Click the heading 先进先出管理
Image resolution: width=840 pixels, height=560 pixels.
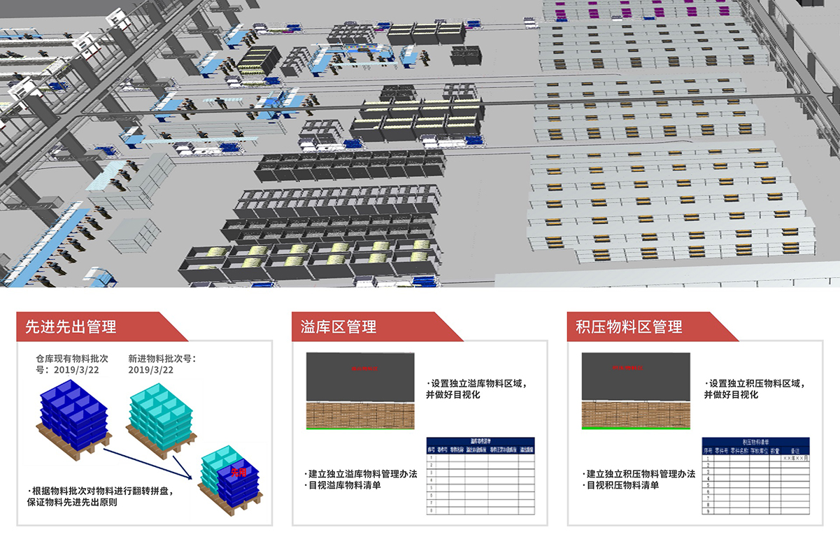[x=71, y=326]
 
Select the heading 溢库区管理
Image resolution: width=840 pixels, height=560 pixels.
[x=339, y=326]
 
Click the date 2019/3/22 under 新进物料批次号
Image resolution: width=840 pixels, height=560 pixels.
[x=150, y=370]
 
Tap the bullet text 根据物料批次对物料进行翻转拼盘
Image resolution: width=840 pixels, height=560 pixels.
[x=101, y=490]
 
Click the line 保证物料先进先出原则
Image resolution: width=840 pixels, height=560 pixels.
[x=76, y=502]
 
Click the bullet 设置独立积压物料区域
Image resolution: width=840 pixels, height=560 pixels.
[x=756, y=384]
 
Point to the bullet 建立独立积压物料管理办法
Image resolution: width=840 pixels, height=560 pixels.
[x=639, y=473]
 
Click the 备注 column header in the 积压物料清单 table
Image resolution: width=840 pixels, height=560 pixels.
[x=795, y=450]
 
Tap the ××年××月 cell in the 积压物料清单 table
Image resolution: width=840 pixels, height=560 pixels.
[x=795, y=458]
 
